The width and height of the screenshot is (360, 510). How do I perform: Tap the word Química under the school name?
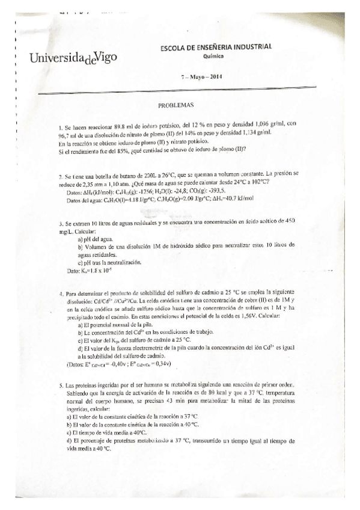coord(213,56)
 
